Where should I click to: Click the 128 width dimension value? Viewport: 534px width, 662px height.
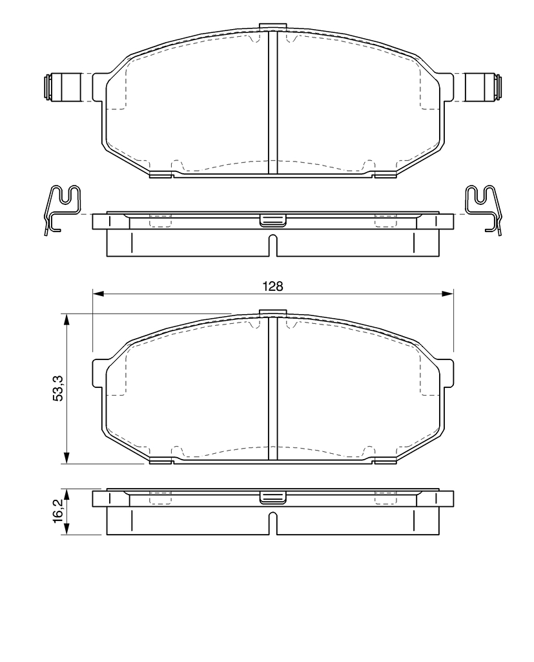pyautogui.click(x=273, y=286)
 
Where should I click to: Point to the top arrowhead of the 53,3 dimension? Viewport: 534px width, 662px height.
pyautogui.click(x=67, y=319)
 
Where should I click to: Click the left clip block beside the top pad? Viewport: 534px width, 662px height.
pyautogui.click(x=62, y=87)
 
